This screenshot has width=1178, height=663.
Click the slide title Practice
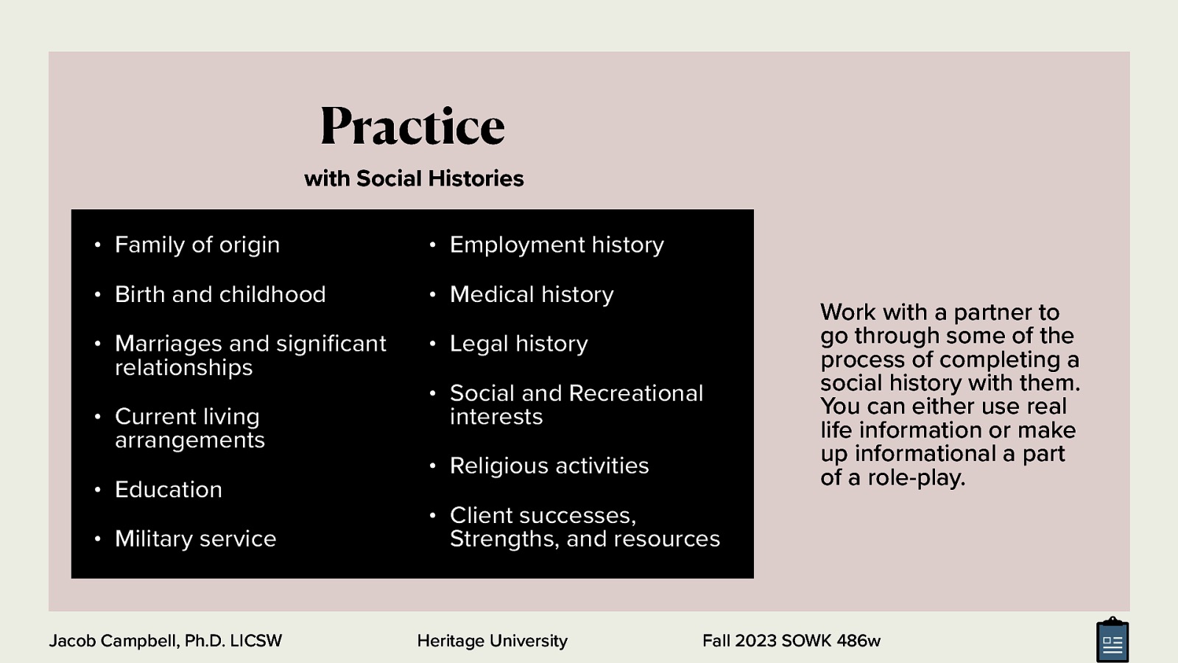click(412, 127)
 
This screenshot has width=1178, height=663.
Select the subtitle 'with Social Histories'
click(414, 178)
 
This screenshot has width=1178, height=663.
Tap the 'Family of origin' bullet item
click(197, 245)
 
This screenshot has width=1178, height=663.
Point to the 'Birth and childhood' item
click(220, 294)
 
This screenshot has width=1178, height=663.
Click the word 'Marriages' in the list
click(168, 343)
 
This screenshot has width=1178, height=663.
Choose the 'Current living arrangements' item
click(189, 428)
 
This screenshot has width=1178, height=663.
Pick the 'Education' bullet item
click(169, 489)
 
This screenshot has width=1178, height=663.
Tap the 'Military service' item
click(196, 539)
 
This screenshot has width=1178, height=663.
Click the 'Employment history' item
click(557, 245)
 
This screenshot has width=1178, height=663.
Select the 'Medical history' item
click(532, 294)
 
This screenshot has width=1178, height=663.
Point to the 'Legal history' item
click(519, 343)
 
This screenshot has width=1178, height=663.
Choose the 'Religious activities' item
click(549, 466)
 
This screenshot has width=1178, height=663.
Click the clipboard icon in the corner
click(1112, 641)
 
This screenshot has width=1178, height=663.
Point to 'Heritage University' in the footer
click(492, 641)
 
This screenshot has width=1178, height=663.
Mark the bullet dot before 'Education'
click(97, 490)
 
